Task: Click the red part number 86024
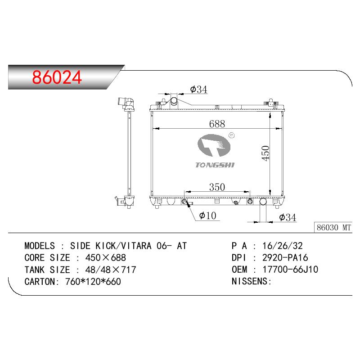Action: pyautogui.click(x=57, y=77)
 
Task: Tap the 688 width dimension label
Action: pyautogui.click(x=217, y=124)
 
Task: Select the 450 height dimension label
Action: pyautogui.click(x=265, y=153)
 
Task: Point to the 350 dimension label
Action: pyautogui.click(x=217, y=187)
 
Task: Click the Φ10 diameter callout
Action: pyautogui.click(x=207, y=216)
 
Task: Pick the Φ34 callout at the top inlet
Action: pyautogui.click(x=198, y=89)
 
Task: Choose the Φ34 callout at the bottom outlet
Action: pyautogui.click(x=288, y=217)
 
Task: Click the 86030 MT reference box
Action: pyautogui.click(x=333, y=228)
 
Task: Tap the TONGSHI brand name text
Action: pyautogui.click(x=215, y=165)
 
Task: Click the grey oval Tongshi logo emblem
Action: pyautogui.click(x=214, y=145)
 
